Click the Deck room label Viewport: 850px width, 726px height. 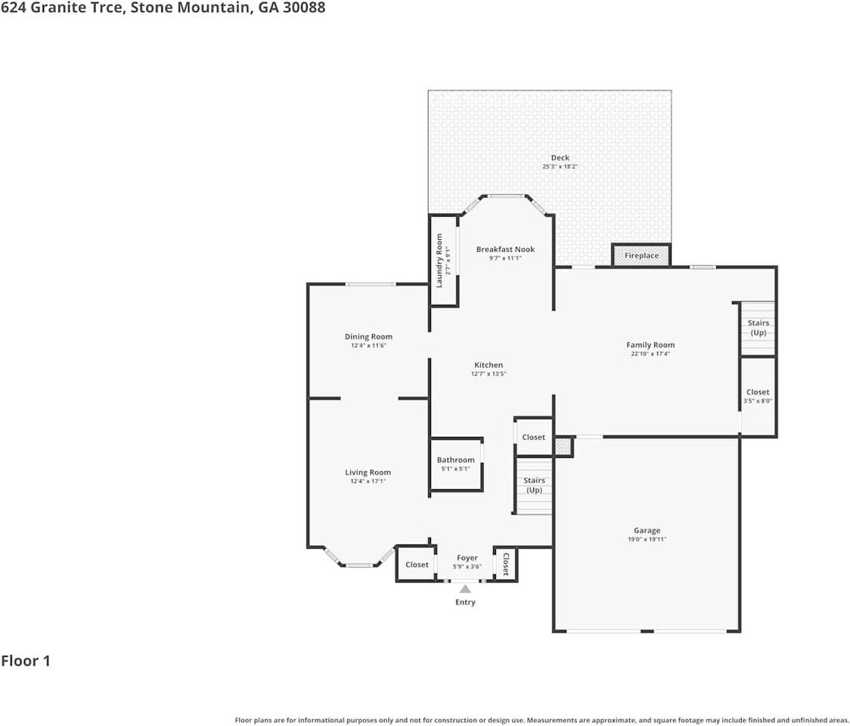click(560, 158)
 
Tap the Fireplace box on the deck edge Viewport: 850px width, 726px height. click(641, 256)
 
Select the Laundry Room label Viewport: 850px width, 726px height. click(439, 260)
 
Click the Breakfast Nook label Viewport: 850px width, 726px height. click(505, 250)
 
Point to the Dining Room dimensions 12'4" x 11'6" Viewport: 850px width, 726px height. click(368, 346)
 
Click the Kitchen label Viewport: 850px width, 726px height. click(489, 365)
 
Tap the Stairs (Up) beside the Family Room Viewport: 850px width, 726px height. click(758, 328)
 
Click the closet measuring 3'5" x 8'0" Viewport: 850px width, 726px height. click(757, 396)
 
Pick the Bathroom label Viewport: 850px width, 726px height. click(455, 460)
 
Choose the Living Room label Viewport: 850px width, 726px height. click(368, 473)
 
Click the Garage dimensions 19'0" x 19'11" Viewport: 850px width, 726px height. click(647, 539)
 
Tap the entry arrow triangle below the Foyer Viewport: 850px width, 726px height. click(465, 588)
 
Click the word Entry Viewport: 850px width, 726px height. click(465, 602)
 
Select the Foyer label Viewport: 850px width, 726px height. click(467, 558)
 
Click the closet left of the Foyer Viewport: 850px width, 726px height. click(417, 564)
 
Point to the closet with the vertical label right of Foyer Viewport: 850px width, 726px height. click(506, 563)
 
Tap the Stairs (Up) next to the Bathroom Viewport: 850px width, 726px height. click(534, 485)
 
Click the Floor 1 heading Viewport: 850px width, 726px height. click(26, 661)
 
